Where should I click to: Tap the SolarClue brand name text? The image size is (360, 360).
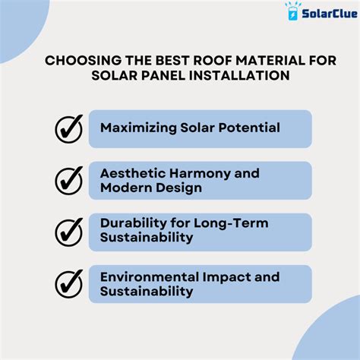[330, 14]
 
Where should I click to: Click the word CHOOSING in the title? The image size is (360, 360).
[84, 61]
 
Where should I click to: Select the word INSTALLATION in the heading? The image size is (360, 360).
[240, 75]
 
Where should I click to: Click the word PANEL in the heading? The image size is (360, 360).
[163, 75]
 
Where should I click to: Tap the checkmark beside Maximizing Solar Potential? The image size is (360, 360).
[69, 129]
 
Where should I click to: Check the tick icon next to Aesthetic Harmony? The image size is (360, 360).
[69, 181]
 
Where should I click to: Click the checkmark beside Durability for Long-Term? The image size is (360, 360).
[69, 232]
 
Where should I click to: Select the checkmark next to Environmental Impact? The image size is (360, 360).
[69, 284]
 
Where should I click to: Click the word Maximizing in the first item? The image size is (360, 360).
[138, 128]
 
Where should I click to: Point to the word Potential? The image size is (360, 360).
[249, 128]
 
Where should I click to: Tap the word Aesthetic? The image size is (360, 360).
[133, 173]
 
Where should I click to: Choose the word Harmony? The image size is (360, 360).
[200, 175]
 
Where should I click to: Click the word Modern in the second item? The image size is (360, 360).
[126, 188]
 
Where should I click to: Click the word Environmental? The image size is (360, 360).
[150, 277]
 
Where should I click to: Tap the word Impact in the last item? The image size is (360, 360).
[226, 278]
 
